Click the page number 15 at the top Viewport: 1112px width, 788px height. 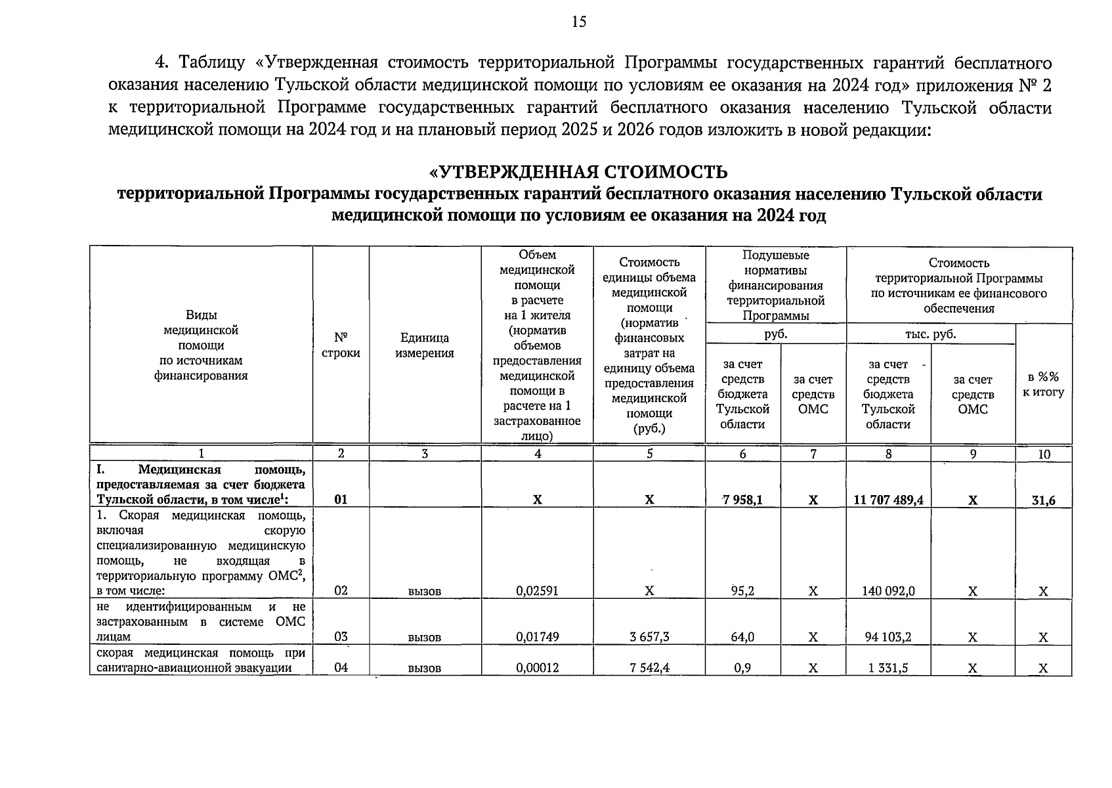click(x=578, y=22)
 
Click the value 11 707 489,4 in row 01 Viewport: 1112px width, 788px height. click(x=888, y=500)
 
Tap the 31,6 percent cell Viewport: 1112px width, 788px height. click(x=1043, y=500)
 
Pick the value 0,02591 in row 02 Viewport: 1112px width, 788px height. click(x=537, y=591)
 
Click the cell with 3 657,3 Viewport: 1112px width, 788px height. click(x=649, y=637)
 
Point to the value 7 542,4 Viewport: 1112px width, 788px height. click(x=649, y=668)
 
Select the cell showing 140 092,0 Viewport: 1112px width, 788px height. click(x=888, y=591)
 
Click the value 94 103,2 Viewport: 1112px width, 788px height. click(x=888, y=637)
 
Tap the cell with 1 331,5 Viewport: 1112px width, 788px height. click(x=888, y=668)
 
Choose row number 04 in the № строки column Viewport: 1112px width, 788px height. click(x=341, y=668)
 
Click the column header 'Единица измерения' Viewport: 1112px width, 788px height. click(x=425, y=345)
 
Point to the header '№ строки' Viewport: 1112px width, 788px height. click(x=341, y=345)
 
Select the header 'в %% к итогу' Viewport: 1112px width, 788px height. click(x=1043, y=385)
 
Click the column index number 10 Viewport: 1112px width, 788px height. click(x=1044, y=454)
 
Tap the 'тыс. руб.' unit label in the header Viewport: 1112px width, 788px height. click(x=930, y=334)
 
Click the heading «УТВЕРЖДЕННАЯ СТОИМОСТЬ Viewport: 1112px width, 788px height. click(x=578, y=172)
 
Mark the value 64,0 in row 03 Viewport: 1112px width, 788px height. click(x=742, y=637)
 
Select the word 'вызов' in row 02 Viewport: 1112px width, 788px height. click(x=425, y=592)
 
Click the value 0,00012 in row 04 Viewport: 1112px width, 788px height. click(x=537, y=668)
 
